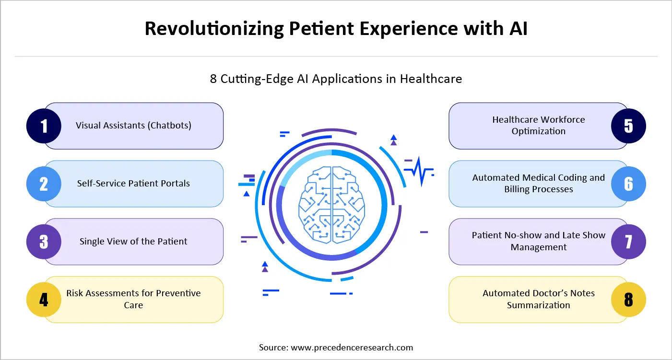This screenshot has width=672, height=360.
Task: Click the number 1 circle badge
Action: [x=44, y=126]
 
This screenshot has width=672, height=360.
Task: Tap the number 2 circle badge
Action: [x=44, y=184]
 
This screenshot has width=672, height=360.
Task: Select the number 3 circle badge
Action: [x=44, y=242]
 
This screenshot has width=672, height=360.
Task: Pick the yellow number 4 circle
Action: [x=44, y=300]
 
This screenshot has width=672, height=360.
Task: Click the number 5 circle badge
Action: [x=628, y=126]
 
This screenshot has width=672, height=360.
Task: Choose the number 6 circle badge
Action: [x=628, y=184]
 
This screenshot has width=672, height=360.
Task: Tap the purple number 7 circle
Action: [x=628, y=242]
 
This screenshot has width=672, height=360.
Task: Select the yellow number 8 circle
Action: [x=628, y=300]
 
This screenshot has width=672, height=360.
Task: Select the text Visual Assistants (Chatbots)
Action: [x=133, y=126]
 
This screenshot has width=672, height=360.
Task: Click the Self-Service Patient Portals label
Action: [x=133, y=184]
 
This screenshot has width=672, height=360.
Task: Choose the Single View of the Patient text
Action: [x=133, y=242]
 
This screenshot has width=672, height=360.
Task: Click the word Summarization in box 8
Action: [x=538, y=305]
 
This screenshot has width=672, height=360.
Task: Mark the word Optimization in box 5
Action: [x=538, y=131]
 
